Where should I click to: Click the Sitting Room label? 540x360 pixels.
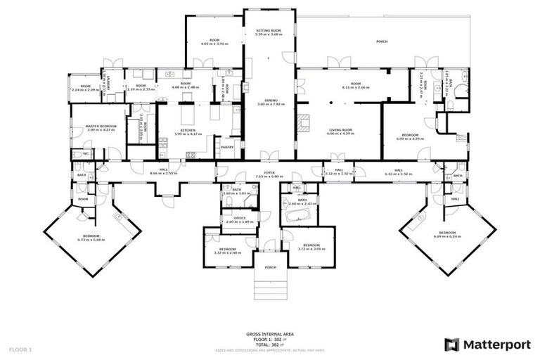pos(269,30)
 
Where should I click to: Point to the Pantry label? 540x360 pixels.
pos(226,147)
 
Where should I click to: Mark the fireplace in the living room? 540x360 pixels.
pos(304,124)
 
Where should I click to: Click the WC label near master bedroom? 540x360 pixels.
pos(86,153)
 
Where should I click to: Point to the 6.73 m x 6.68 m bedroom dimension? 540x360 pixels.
pos(91,239)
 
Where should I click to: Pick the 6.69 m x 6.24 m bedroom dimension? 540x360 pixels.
pos(447,236)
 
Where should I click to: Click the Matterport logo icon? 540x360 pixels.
pos(452,344)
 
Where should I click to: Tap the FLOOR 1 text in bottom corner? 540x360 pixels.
pos(20,349)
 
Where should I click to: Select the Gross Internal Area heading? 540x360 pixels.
pos(269,334)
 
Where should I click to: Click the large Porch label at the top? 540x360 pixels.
pos(382,41)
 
